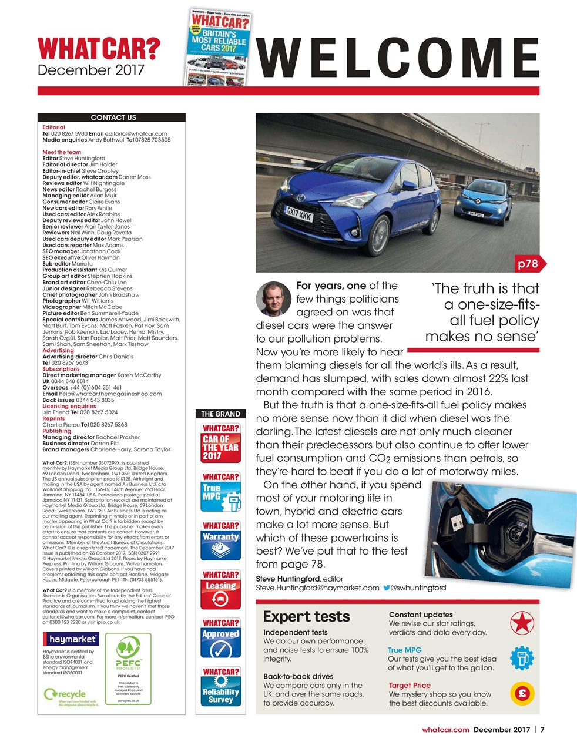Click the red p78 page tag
[528, 264]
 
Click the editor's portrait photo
[274, 298]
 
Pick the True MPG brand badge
[220, 492]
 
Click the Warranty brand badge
[220, 540]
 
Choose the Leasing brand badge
[220, 590]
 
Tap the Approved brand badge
[220, 638]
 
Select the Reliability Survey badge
[220, 686]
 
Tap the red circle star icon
[522, 623]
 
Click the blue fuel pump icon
[522, 658]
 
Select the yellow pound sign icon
[522, 693]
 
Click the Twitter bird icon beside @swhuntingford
[386, 587]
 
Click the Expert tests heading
[306, 616]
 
